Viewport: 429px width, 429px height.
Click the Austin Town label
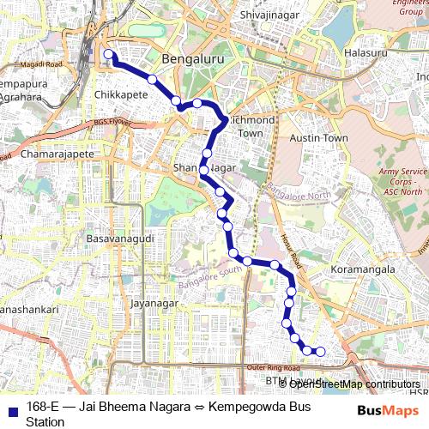318,137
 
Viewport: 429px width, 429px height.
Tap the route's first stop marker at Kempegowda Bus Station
109,55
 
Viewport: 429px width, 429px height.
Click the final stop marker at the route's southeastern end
321,351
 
